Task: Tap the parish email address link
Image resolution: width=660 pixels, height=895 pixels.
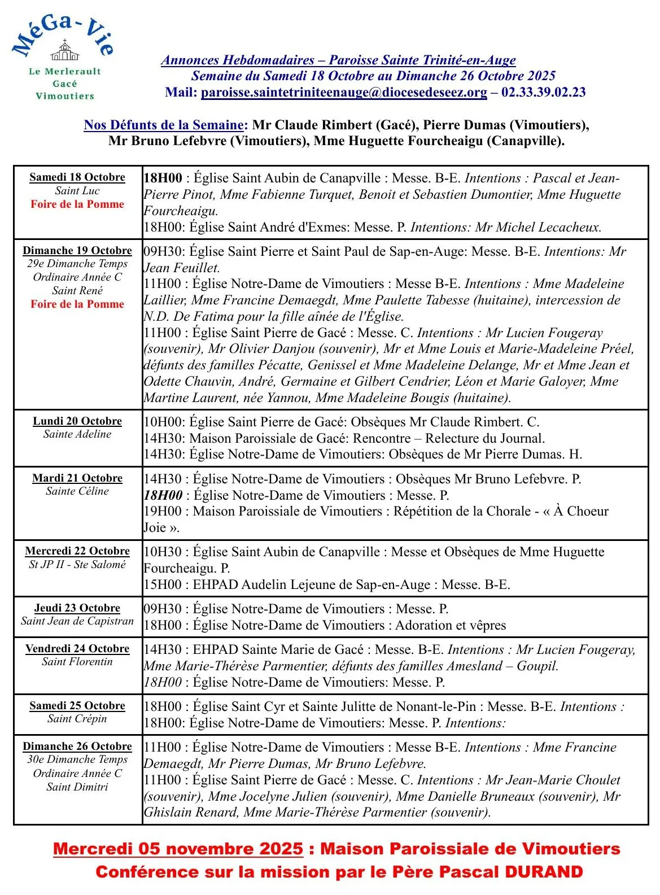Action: coord(343,92)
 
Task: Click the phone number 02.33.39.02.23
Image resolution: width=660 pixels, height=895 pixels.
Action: coord(543,92)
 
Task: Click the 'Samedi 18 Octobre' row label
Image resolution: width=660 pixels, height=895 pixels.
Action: coord(77,177)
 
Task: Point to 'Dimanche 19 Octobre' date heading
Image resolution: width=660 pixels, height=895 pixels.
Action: coord(77,251)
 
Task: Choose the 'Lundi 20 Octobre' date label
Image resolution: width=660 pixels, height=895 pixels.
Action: coord(77,421)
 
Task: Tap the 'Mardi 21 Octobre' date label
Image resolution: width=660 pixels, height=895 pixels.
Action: coord(77,478)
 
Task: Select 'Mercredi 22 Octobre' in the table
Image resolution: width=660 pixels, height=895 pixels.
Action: coord(77,551)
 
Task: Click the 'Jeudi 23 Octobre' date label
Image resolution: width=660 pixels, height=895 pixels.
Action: coord(77,608)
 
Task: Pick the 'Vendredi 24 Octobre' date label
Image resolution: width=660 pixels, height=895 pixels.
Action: coord(77,649)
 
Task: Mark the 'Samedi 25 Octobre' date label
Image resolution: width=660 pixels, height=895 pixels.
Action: coord(77,706)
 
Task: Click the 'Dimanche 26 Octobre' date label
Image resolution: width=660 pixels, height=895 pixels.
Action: coord(77,746)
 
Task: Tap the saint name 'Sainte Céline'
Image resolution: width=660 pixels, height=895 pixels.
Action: coord(77,491)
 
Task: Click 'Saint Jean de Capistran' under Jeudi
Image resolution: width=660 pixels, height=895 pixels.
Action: coord(77,621)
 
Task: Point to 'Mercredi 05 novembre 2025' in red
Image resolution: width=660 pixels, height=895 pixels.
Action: coord(178,849)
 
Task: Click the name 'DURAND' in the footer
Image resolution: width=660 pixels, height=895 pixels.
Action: coord(543,872)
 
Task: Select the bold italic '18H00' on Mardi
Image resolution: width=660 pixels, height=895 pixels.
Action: coord(163,495)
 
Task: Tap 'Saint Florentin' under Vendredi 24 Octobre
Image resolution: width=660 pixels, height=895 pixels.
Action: coord(77,662)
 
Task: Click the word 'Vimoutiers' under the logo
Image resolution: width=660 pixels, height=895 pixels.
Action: coord(65,96)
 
